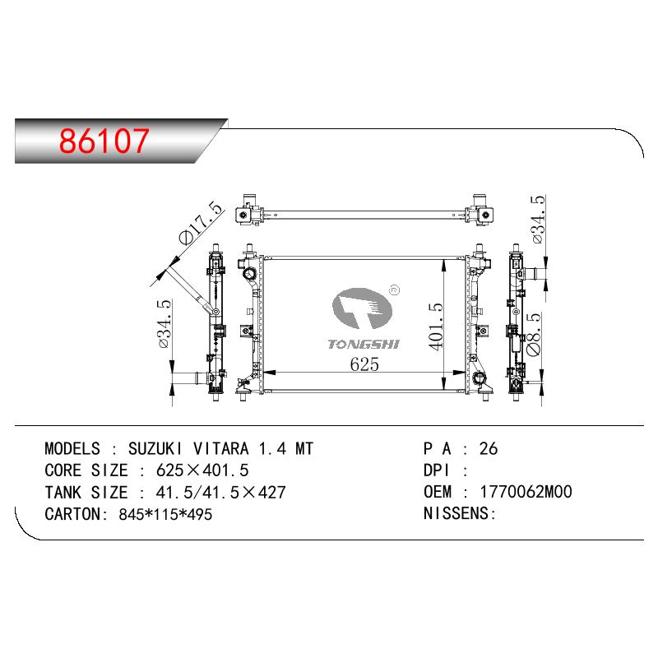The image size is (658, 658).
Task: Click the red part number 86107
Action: pyautogui.click(x=104, y=141)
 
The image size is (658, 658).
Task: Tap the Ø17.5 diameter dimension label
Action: pyautogui.click(x=201, y=223)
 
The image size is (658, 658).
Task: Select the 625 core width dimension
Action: pyautogui.click(x=364, y=364)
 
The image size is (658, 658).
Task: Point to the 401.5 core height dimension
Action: pyautogui.click(x=436, y=327)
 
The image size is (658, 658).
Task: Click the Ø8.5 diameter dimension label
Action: pyautogui.click(x=533, y=334)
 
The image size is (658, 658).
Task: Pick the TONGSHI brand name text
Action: pyautogui.click(x=364, y=345)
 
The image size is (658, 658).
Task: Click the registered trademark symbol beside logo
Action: pyautogui.click(x=395, y=290)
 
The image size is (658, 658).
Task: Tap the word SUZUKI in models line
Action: pyautogui.click(x=155, y=448)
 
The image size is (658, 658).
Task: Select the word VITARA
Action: pyautogui.click(x=220, y=448)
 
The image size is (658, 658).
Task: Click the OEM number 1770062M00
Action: pyautogui.click(x=526, y=492)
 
